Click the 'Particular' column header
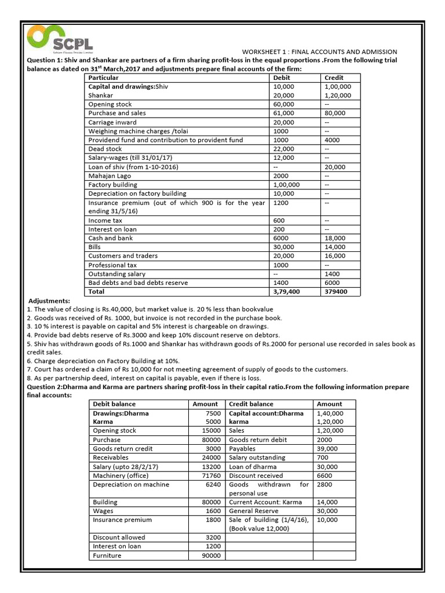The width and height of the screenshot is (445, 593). tap(103, 78)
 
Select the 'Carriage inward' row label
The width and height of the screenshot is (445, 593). tap(112, 122)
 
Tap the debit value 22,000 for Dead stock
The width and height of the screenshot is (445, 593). tap(283, 149)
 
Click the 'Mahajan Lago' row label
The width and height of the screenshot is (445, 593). tap(110, 175)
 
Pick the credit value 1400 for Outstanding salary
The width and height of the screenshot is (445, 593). tap(334, 274)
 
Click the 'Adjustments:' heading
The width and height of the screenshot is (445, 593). tap(49, 301)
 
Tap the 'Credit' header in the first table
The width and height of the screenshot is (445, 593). tap(334, 78)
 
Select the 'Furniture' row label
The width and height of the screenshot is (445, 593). tap(107, 555)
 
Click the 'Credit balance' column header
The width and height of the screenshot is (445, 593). tap(251, 404)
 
